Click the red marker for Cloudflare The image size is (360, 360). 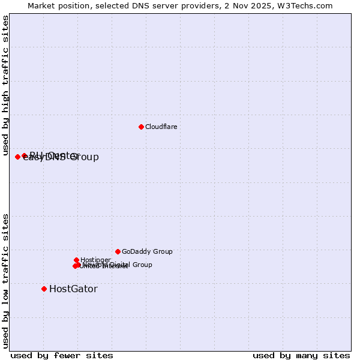141,127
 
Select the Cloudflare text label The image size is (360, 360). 161,127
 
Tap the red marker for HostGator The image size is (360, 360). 44,289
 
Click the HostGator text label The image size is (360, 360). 73,289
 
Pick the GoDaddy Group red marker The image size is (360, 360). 118,251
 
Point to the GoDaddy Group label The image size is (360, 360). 147,251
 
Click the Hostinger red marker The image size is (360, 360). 76,260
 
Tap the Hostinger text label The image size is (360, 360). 95,260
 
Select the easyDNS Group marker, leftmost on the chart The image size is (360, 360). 17,157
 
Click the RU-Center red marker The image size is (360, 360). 24,155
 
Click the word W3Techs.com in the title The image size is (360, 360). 307,5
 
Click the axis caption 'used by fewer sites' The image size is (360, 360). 62,355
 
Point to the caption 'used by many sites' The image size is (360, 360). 301,355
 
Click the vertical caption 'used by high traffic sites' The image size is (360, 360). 5,85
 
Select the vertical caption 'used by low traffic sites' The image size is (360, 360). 5,280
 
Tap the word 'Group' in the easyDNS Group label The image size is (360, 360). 85,157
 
